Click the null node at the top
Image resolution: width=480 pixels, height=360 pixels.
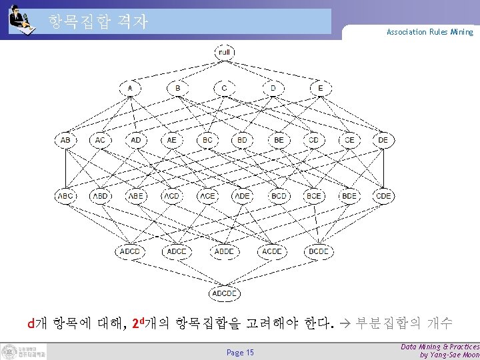[225, 52]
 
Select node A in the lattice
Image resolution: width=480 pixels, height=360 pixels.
[130, 87]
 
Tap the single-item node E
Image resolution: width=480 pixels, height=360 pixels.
[320, 87]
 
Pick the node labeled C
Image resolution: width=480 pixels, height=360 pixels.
[225, 87]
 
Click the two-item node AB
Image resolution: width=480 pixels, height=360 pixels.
[65, 140]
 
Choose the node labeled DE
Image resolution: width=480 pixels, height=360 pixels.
[383, 140]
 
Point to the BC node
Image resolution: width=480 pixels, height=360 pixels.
[207, 140]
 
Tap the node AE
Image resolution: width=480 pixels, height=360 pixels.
[172, 140]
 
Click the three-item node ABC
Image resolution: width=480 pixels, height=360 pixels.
[65, 196]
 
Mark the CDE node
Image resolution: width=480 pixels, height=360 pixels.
[383, 196]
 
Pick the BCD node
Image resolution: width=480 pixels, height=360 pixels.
[279, 196]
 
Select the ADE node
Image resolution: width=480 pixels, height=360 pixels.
[243, 196]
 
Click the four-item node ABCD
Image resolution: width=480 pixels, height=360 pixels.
[130, 251]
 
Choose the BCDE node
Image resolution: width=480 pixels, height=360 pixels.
[319, 251]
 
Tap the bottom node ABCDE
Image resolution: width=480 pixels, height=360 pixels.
[225, 293]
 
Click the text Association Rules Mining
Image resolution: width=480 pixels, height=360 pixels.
[429, 32]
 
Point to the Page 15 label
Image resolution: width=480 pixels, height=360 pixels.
[240, 352]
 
